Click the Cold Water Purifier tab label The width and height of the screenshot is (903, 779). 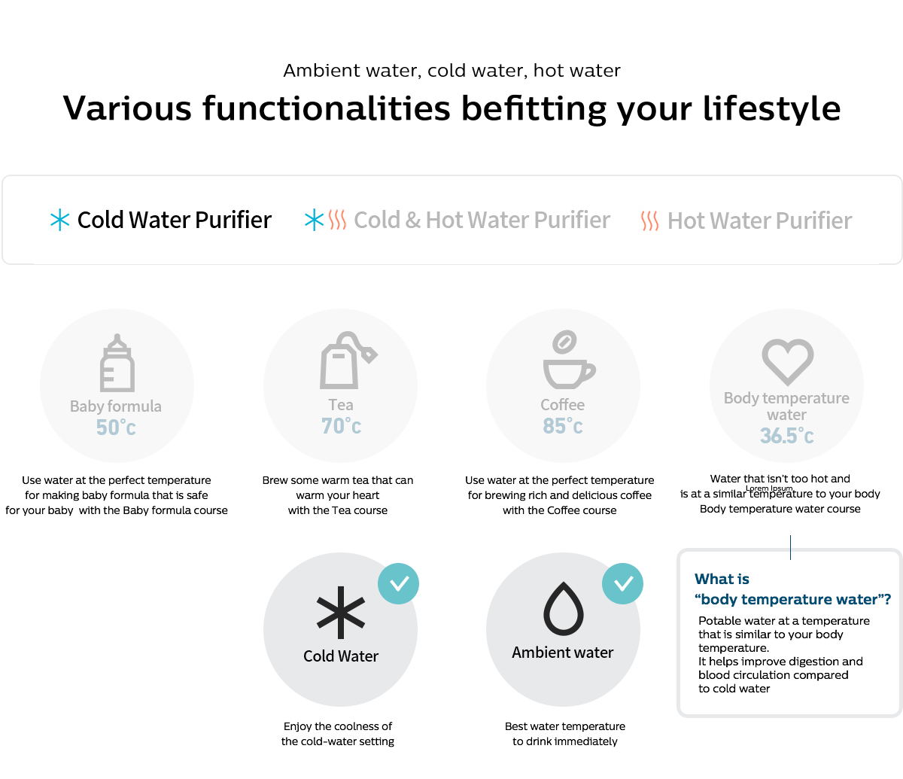[x=175, y=220]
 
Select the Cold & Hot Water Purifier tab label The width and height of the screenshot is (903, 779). [x=482, y=220]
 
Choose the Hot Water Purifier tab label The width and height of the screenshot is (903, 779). [x=760, y=221]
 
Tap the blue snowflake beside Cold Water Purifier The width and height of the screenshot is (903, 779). [x=60, y=220]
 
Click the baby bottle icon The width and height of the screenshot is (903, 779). [x=117, y=363]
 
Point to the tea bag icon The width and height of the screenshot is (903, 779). [x=348, y=361]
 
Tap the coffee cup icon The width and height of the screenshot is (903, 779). [x=569, y=360]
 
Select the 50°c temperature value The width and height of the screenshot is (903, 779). [x=116, y=428]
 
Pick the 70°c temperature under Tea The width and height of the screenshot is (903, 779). [x=341, y=426]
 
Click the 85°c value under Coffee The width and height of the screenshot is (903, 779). [x=563, y=426]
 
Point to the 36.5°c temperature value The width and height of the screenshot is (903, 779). [x=787, y=436]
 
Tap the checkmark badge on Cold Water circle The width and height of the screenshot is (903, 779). [x=398, y=584]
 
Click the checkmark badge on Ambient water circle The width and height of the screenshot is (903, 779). [x=622, y=584]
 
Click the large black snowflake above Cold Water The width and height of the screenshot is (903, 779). [x=341, y=613]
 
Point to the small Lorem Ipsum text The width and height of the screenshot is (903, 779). [x=769, y=488]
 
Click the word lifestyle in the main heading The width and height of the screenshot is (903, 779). [x=771, y=109]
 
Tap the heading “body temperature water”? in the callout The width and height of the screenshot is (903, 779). [x=792, y=599]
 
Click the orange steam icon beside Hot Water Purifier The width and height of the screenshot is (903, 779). [x=649, y=221]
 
